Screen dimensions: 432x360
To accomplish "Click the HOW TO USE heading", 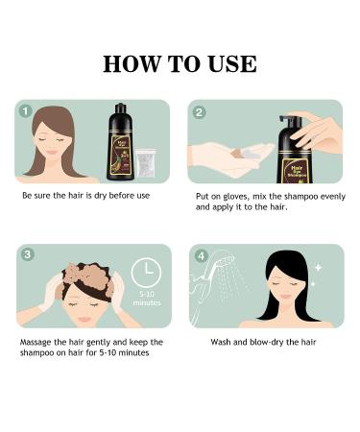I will click(180, 64).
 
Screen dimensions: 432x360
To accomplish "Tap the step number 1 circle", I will click(26, 111).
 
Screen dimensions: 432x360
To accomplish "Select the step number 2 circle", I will click(200, 112).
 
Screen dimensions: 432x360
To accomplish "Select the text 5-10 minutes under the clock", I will click(146, 300).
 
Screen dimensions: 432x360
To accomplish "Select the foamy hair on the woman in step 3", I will click(82, 278).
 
